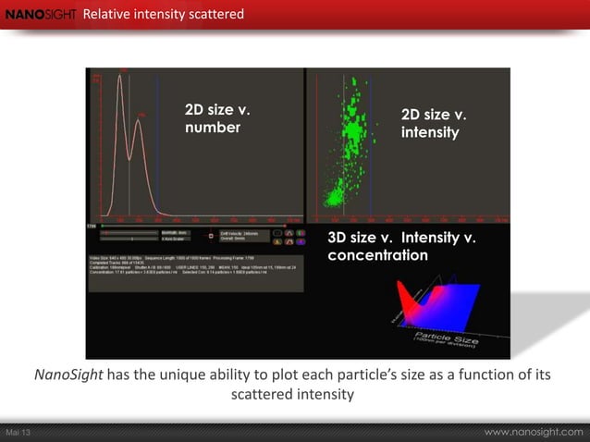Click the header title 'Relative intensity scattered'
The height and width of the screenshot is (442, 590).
[164, 14]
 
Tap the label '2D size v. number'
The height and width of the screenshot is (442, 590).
[218, 119]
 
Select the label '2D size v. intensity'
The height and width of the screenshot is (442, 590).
[432, 124]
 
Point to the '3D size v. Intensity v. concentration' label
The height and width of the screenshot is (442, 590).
[402, 247]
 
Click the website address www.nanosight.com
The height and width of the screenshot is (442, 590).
[534, 432]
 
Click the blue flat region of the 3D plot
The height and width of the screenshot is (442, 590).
[462, 296]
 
